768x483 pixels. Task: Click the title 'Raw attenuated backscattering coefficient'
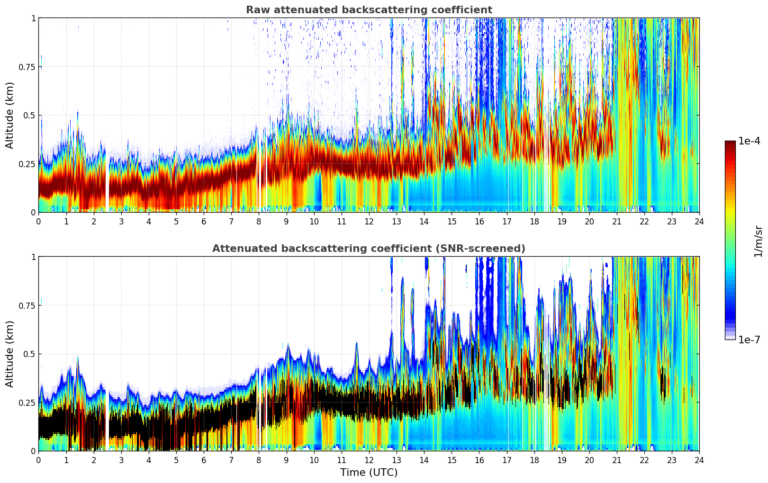369,10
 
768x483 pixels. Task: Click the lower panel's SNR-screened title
369,249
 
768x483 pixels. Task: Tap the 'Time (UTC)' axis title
369,473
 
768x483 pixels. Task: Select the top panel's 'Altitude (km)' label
10,115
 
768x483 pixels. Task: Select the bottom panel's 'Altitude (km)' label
10,354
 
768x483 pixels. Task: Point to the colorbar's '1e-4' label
750,141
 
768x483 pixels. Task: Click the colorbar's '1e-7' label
750,340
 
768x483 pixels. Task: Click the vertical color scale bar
730,240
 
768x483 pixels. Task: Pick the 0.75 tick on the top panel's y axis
27,67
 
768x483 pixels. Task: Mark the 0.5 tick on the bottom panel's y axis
29,354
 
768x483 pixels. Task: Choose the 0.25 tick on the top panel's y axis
27,164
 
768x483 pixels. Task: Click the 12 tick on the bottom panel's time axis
369,460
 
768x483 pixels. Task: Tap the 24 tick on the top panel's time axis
699,222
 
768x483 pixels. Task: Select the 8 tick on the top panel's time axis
259,222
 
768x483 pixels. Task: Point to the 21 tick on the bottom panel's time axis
617,460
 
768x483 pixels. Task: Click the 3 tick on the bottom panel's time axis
121,460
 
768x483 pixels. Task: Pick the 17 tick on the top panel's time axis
506,222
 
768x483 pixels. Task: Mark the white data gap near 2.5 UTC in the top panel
108,180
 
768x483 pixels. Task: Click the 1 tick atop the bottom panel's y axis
33,257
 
